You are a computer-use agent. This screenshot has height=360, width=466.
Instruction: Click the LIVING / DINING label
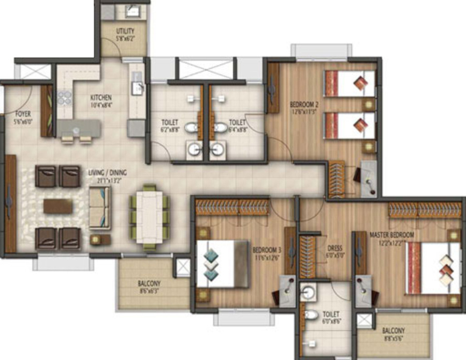tap(107, 176)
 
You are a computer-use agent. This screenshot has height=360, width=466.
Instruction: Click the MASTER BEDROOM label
tap(391, 238)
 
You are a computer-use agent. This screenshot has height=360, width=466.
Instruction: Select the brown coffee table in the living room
tap(58, 206)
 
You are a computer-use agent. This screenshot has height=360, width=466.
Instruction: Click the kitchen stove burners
tap(64, 97)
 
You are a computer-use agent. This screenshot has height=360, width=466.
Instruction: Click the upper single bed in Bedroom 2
tap(349, 83)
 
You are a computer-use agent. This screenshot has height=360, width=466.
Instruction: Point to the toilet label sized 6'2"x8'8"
tap(170, 126)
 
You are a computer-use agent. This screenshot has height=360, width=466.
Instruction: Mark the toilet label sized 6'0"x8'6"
tap(331, 317)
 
